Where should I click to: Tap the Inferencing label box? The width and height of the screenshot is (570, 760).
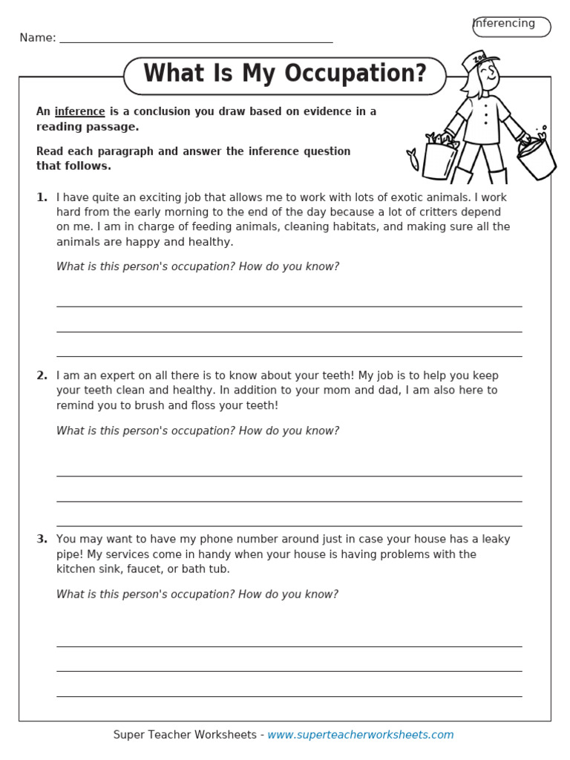[x=511, y=26]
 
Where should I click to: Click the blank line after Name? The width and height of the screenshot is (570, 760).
[x=196, y=41]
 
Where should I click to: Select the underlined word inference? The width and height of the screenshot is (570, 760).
[x=79, y=111]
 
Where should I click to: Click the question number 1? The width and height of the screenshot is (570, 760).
[x=42, y=197]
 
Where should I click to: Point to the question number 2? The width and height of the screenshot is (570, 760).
[x=42, y=376]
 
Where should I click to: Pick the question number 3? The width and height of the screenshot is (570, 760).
[x=42, y=540]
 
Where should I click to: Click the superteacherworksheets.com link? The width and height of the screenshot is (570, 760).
[x=360, y=735]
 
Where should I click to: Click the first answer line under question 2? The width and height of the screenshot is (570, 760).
[x=289, y=475]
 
